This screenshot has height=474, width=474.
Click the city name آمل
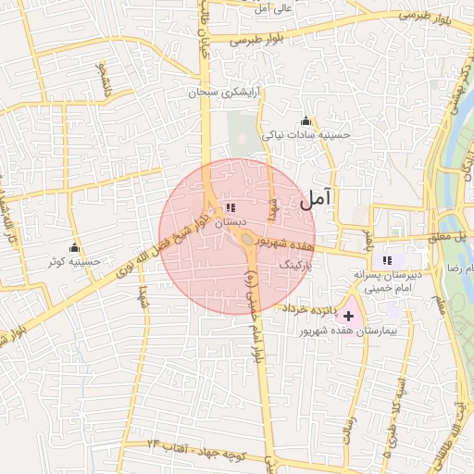[x=315, y=197]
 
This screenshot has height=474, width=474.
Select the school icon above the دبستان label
[x=231, y=208]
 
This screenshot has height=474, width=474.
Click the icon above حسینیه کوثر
[x=75, y=248]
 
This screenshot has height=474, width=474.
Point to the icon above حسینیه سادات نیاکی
[x=306, y=121]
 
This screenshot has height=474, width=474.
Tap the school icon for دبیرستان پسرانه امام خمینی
[x=387, y=260]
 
